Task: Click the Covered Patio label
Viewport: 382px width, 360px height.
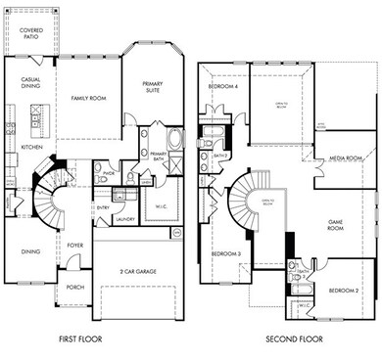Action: point(37,34)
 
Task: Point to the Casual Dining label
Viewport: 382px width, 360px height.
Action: point(24,88)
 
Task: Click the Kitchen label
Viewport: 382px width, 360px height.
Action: point(32,148)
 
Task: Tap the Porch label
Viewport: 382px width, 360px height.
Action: point(75,288)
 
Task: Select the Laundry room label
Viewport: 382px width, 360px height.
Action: point(124,219)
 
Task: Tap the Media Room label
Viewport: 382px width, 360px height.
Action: point(345,157)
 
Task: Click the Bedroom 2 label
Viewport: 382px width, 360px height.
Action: point(343,291)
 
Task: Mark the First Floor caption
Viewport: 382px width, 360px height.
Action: point(81,338)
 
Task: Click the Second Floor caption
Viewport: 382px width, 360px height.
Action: point(294,338)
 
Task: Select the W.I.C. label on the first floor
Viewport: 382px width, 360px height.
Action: point(163,206)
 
